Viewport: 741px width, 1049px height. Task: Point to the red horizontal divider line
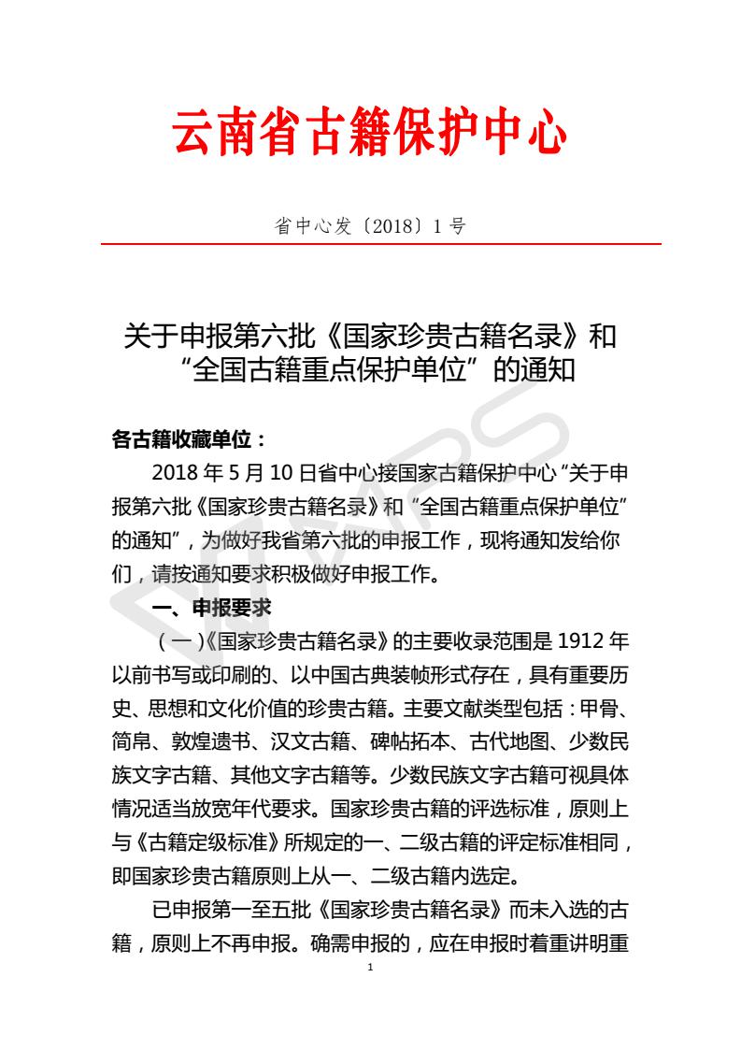pos(381,244)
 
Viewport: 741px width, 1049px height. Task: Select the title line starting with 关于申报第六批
pos(370,336)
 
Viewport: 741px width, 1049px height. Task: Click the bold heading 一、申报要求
pos(211,607)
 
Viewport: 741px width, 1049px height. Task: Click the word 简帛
pos(132,742)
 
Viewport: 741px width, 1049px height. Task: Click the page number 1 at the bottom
pos(371,967)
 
